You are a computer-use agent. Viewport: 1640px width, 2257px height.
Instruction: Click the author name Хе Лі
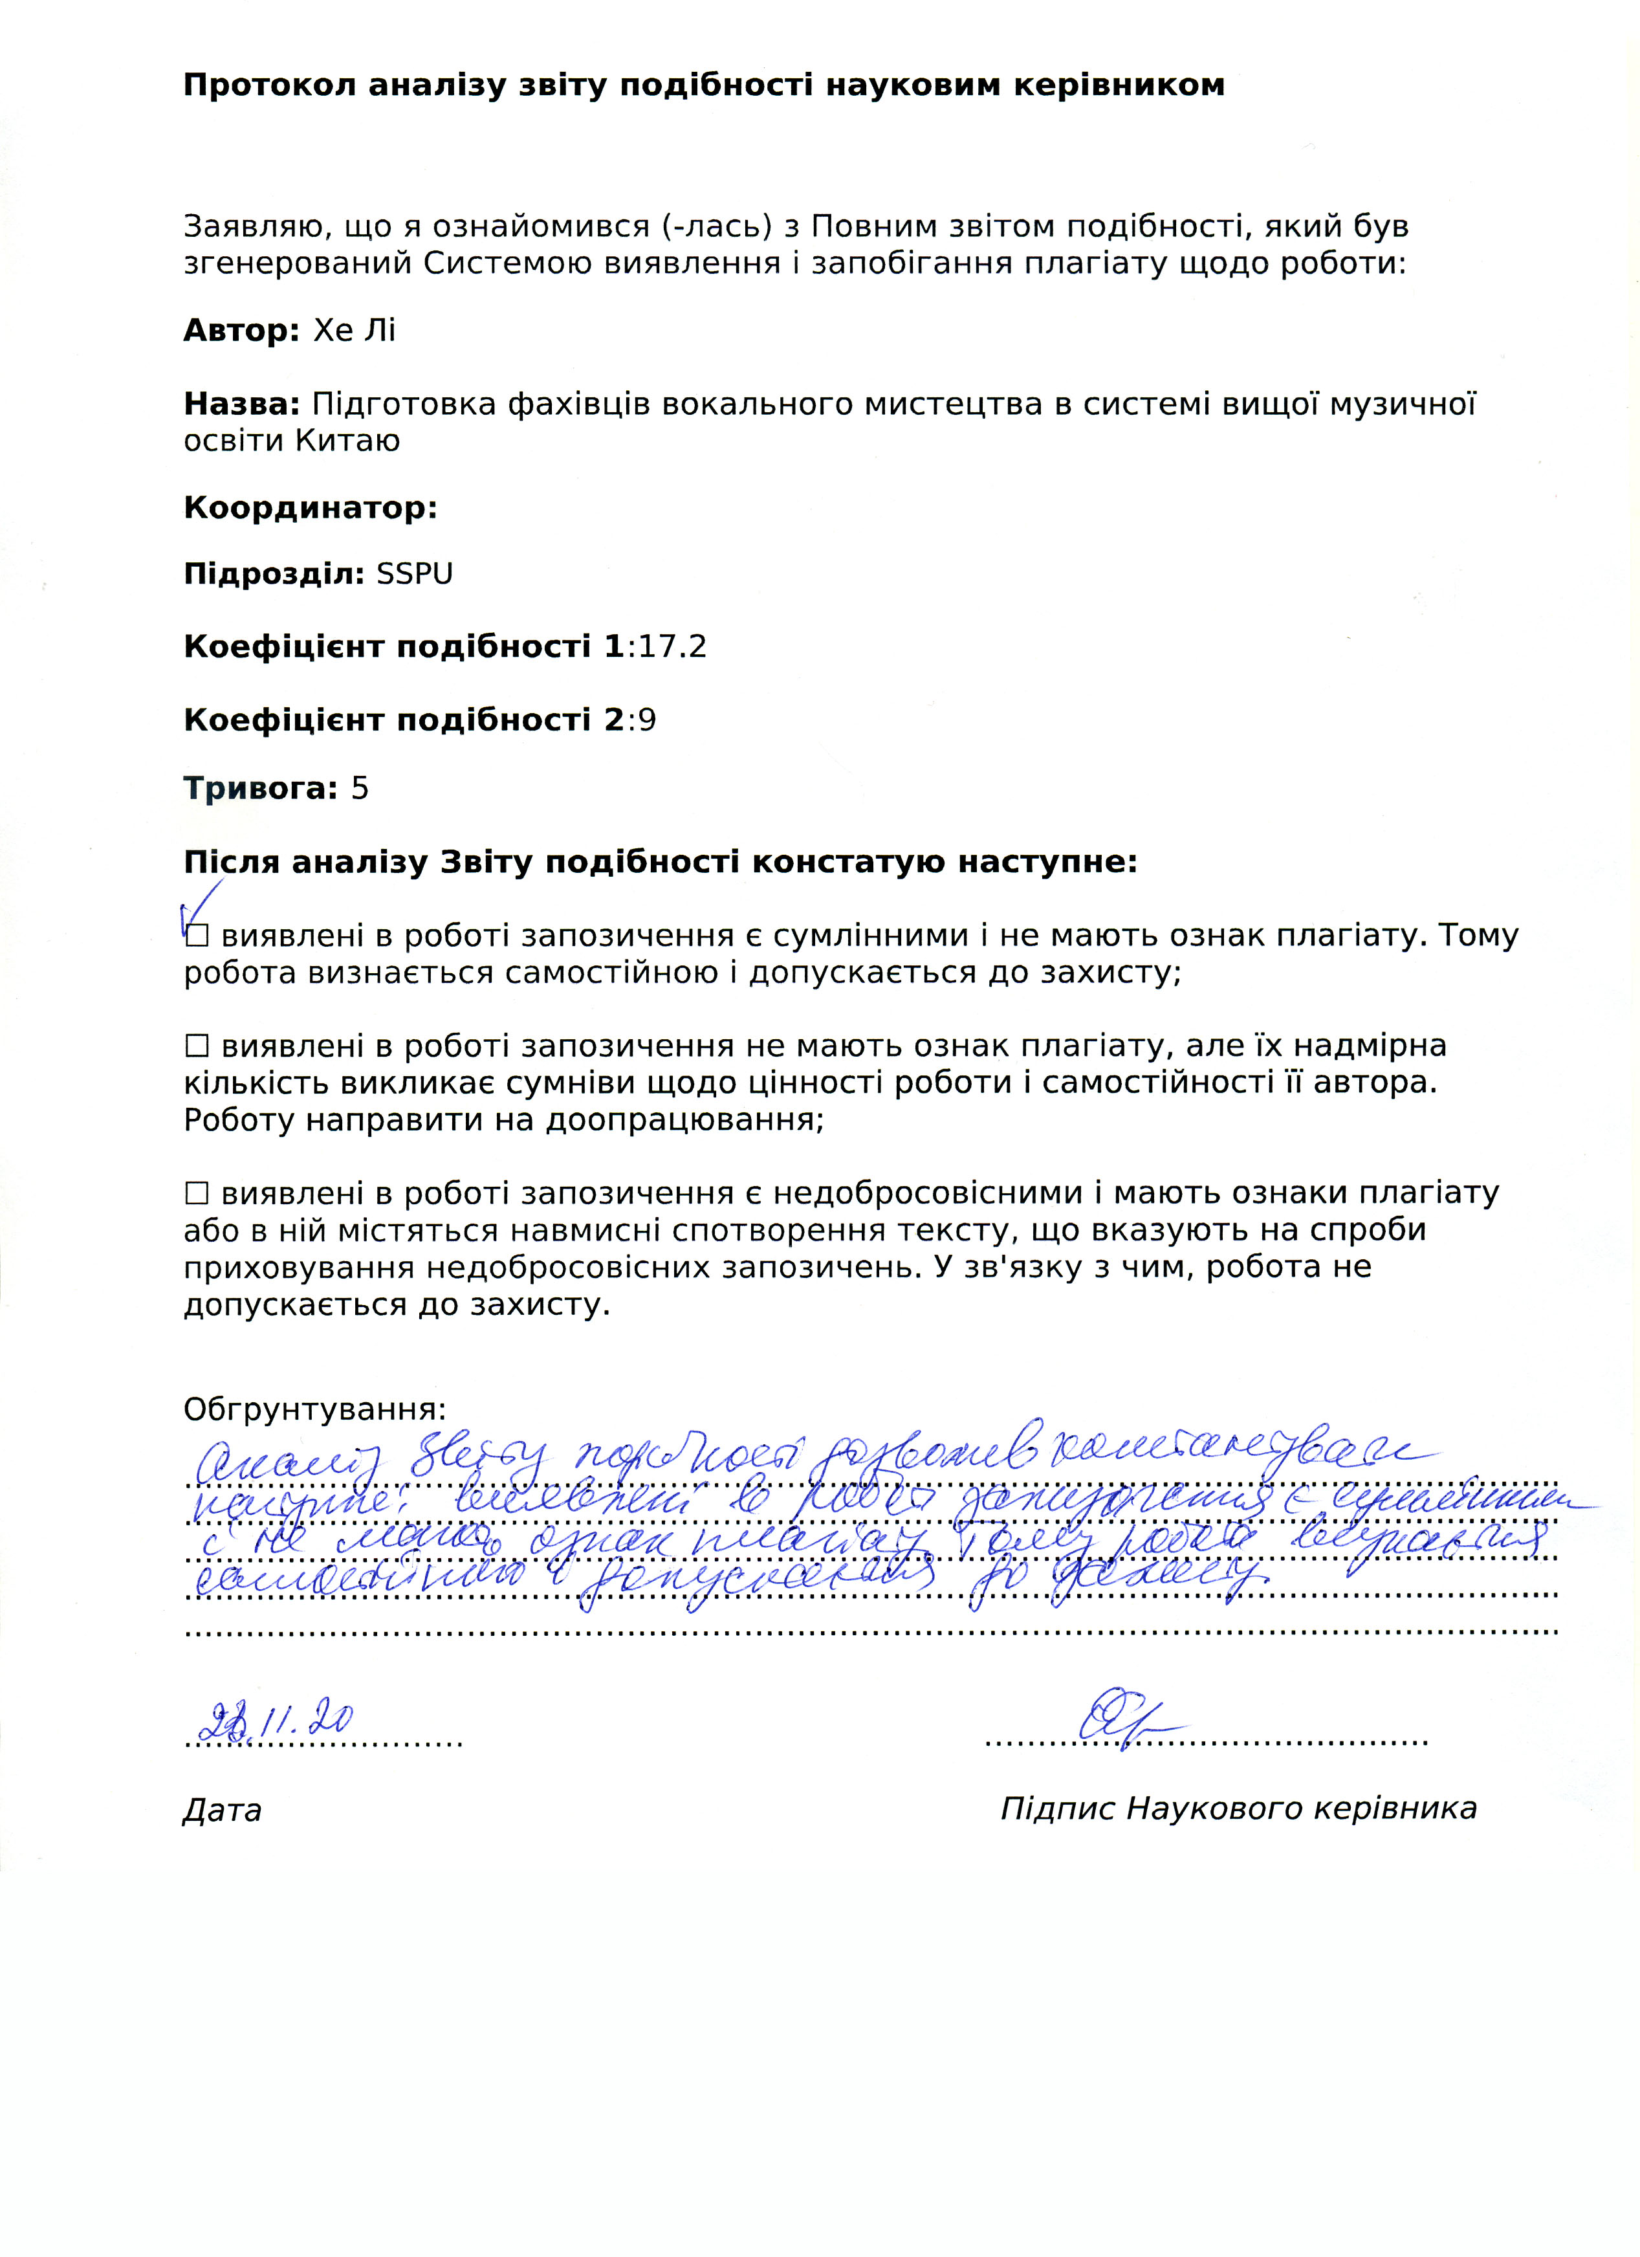(x=355, y=331)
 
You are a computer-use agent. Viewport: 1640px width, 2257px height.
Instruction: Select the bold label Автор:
(x=241, y=331)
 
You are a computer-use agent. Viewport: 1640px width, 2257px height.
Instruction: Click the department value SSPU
(x=414, y=574)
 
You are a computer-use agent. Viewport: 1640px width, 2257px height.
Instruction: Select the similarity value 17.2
(x=673, y=647)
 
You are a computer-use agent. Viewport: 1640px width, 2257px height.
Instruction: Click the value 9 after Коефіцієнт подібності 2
(x=647, y=720)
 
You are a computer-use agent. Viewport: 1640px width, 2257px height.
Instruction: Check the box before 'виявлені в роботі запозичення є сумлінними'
(x=197, y=936)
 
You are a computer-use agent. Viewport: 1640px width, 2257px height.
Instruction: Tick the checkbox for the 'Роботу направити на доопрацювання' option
(x=197, y=1046)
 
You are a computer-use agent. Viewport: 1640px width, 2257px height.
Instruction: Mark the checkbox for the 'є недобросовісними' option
(x=197, y=1192)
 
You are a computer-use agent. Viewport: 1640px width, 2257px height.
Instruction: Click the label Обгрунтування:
(x=314, y=1409)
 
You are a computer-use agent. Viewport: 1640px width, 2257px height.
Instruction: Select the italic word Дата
(x=222, y=1810)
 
